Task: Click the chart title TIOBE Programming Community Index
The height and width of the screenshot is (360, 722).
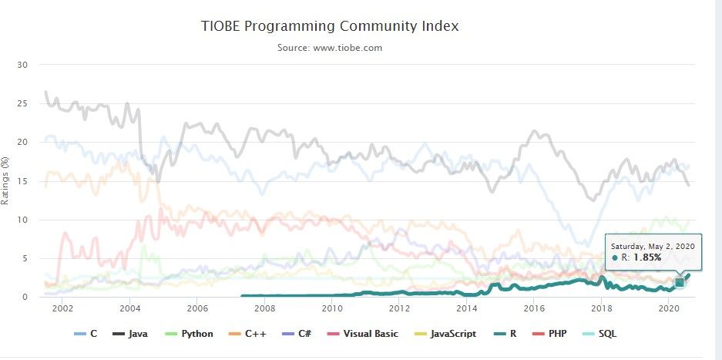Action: [329, 26]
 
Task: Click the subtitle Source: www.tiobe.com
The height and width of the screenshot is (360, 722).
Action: [329, 48]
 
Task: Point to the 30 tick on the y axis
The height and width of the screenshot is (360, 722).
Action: [22, 65]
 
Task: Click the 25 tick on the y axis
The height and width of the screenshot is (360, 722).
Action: [22, 103]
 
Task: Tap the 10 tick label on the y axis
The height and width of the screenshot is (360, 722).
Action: [22, 220]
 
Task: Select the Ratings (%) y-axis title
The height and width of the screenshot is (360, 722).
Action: [6, 181]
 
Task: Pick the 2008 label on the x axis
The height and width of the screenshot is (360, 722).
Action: [264, 308]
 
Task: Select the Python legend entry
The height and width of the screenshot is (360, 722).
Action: [190, 334]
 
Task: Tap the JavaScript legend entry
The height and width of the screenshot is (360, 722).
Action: [449, 334]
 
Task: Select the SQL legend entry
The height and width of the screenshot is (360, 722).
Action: [602, 334]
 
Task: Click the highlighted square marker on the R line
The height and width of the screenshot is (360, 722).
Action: [680, 283]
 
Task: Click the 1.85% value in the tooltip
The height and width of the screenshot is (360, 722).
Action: [647, 257]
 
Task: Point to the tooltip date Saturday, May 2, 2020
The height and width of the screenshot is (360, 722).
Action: [653, 244]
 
